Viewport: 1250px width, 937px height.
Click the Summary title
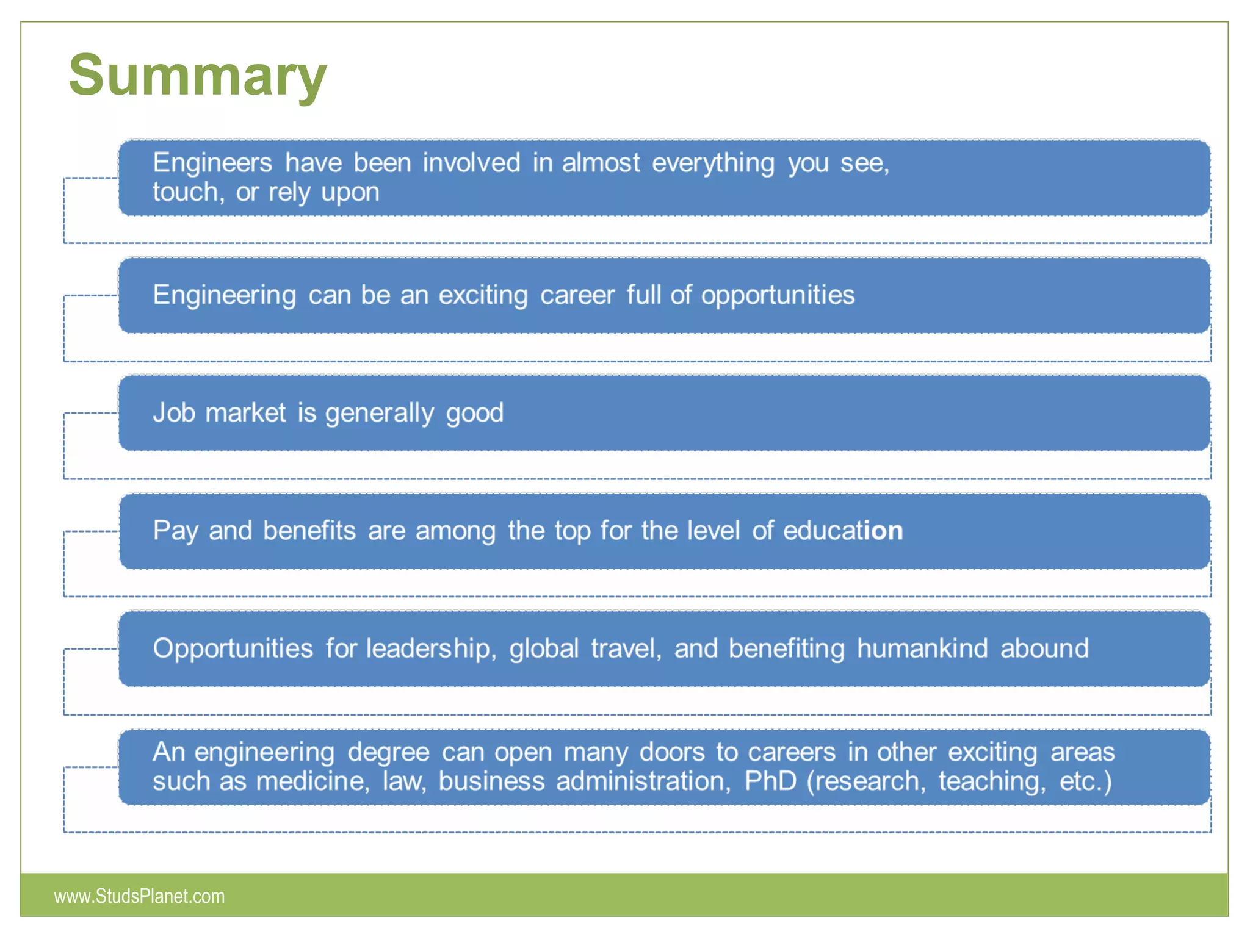tap(197, 76)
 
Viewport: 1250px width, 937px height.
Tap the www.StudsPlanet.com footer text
tap(139, 896)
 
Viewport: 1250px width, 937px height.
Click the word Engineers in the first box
tap(212, 163)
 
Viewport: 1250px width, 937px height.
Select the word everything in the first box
tap(713, 163)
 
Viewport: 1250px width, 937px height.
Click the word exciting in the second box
tap(483, 295)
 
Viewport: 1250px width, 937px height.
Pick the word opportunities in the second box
tap(778, 296)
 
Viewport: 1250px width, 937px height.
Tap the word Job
tap(173, 413)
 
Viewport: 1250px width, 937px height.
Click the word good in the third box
tap(475, 414)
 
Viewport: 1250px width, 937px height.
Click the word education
tap(843, 531)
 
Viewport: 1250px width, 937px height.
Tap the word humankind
tap(922, 648)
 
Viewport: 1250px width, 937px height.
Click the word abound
tap(1044, 648)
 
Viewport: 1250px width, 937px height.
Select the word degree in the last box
tap(388, 753)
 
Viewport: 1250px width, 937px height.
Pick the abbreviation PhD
tap(770, 781)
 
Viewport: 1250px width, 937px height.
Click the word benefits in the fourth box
tap(309, 531)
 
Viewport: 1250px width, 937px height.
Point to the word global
tap(544, 648)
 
